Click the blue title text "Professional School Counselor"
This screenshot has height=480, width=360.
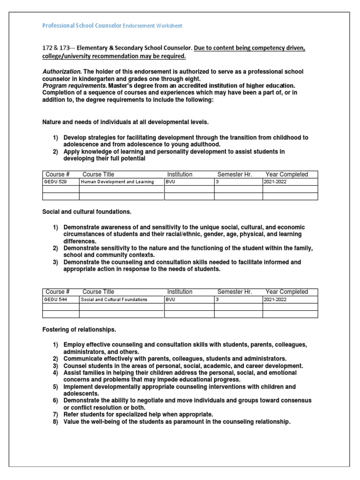[x=82, y=26]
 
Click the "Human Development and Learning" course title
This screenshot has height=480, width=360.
[x=117, y=182]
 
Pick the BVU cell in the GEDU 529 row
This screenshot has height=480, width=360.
[x=171, y=182]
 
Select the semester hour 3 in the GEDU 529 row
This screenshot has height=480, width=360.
[x=217, y=182]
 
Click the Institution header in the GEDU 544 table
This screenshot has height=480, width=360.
[x=180, y=292]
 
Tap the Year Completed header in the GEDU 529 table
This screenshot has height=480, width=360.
[x=286, y=174]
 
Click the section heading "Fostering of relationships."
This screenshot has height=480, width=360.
[x=79, y=330]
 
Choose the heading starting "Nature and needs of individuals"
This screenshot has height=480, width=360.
[x=125, y=122]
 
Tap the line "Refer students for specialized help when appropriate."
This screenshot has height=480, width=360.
[x=138, y=414]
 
